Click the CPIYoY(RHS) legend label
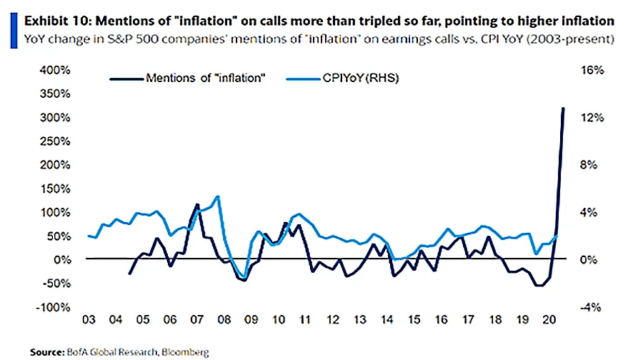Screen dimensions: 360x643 (x=360, y=78)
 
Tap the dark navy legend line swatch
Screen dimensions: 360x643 (x=124, y=78)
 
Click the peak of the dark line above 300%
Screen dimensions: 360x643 (x=563, y=109)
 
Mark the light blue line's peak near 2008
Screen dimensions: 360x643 (x=217, y=197)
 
